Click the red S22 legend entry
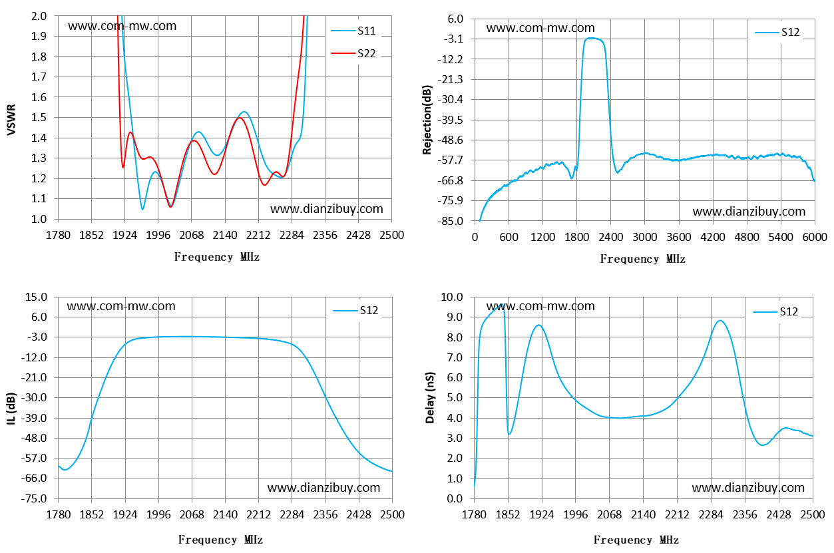tap(353, 54)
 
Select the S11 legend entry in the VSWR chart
tap(353, 31)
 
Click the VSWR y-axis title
tap(11, 120)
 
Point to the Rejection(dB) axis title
tap(427, 120)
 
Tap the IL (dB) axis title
tap(11, 408)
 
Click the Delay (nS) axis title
tap(430, 397)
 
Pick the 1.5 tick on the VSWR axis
tap(39, 118)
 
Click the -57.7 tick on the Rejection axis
tap(450, 160)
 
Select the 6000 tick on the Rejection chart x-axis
tap(815, 237)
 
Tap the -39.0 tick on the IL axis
tap(34, 418)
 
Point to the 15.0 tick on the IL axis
tap(36, 297)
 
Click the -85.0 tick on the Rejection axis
tap(450, 221)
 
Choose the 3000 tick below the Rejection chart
tap(644, 237)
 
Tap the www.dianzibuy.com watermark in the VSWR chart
tap(327, 209)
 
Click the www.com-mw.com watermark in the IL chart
tap(121, 306)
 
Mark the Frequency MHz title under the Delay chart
tap(636, 540)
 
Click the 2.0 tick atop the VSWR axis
tap(39, 16)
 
